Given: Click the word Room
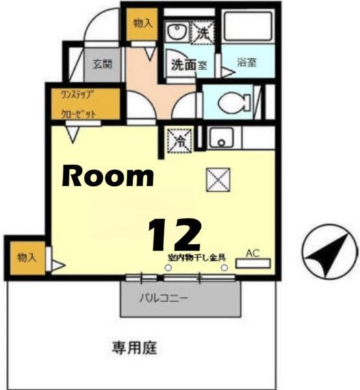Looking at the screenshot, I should coord(108,175).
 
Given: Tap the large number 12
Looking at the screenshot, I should coord(174,235).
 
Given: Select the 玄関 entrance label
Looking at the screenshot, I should coord(102,64).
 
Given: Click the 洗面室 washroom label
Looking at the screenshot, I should coord(189,64).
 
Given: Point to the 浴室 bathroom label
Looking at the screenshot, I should coord(248,64).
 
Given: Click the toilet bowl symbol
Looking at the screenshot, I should coord(230,101).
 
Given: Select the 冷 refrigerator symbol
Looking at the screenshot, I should coord(177,140).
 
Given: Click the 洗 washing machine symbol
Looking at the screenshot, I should coord(203,31).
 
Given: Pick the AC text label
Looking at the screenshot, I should coord(253,252).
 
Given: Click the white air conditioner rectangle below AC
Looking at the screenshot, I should coord(253,264).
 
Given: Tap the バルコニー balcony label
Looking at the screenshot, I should coord(164,300).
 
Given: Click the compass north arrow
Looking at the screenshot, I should coord(330,251).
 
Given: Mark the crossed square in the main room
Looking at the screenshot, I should coord(218,179).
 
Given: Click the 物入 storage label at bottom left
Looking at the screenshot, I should coord(27,257).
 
